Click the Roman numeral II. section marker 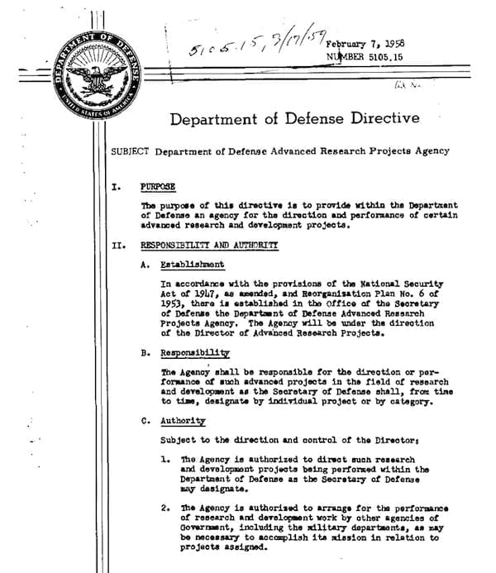[x=117, y=245]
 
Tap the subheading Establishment [x=192, y=265]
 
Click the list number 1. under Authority [x=165, y=458]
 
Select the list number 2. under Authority [x=165, y=508]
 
